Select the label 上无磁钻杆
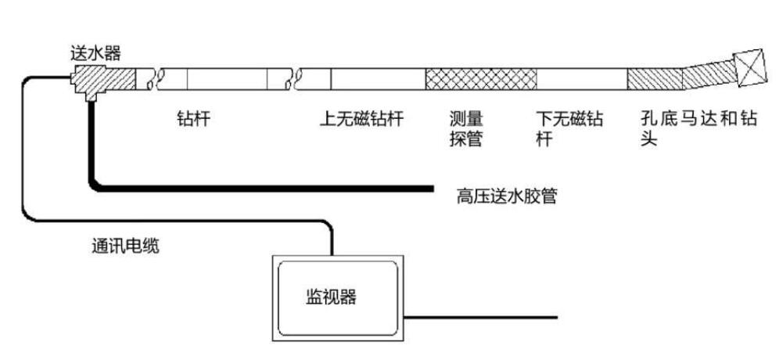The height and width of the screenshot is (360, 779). pos(361,119)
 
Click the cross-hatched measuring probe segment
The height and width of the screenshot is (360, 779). pos(480,79)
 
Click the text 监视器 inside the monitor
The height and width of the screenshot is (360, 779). pos(330,297)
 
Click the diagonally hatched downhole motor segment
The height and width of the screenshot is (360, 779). pos(654,79)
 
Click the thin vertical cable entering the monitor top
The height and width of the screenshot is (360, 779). pos(332,239)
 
